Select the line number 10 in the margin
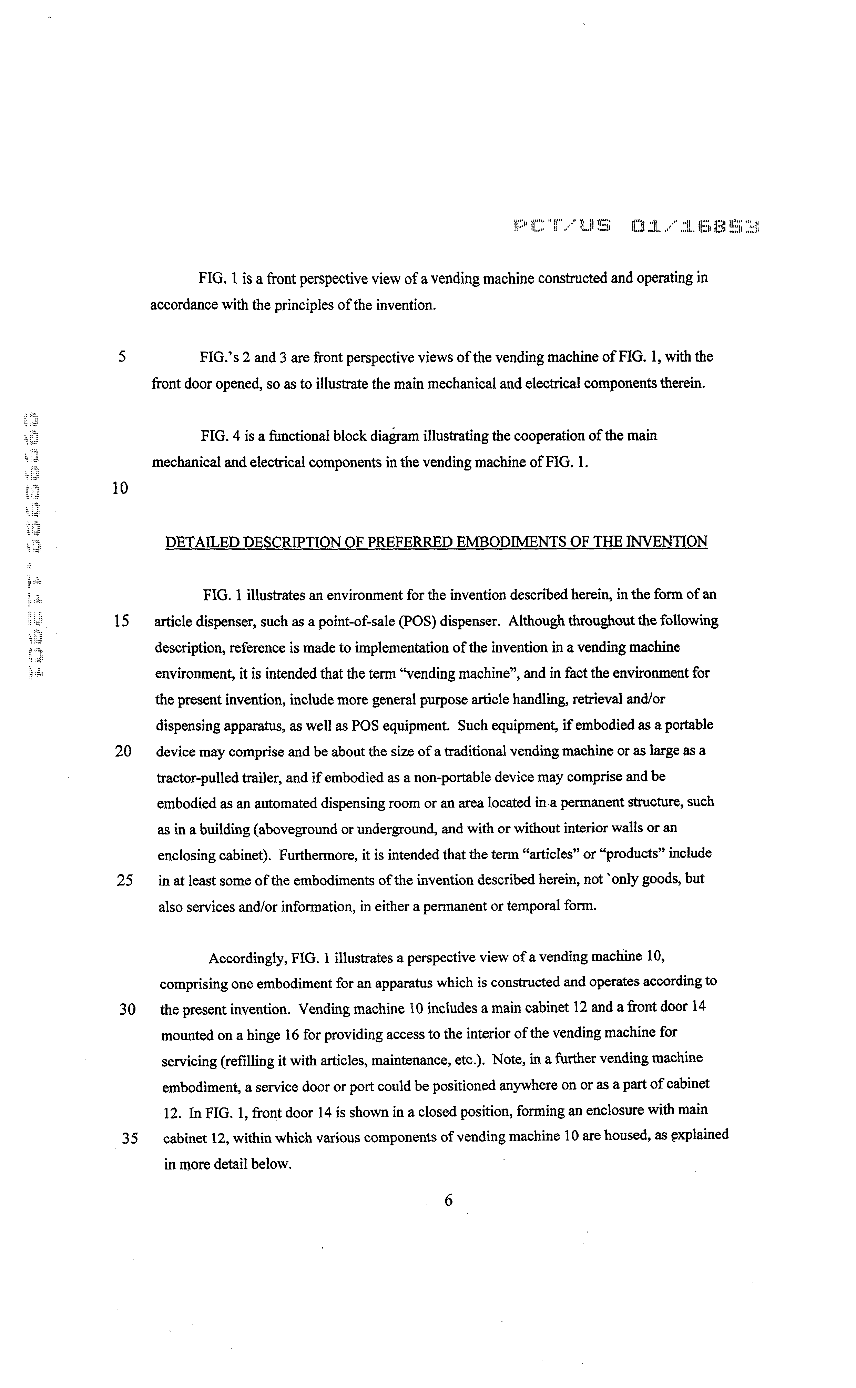(x=120, y=488)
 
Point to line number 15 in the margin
(x=122, y=621)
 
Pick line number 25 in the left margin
(x=124, y=881)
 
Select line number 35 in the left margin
(x=130, y=1139)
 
